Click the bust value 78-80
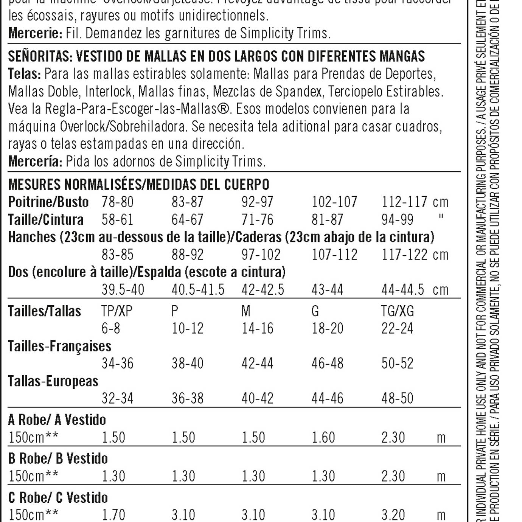117,202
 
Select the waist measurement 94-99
397,219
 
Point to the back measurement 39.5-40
123,290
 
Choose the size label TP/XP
117,311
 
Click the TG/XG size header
397,311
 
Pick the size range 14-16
257,328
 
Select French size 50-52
397,363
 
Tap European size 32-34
117,398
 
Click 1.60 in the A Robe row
323,438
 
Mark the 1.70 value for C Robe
113,515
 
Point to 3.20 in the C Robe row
393,515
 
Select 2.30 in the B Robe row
393,476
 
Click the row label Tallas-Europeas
53,381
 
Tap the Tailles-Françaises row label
59,346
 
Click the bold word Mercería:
35,162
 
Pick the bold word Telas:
24,74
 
